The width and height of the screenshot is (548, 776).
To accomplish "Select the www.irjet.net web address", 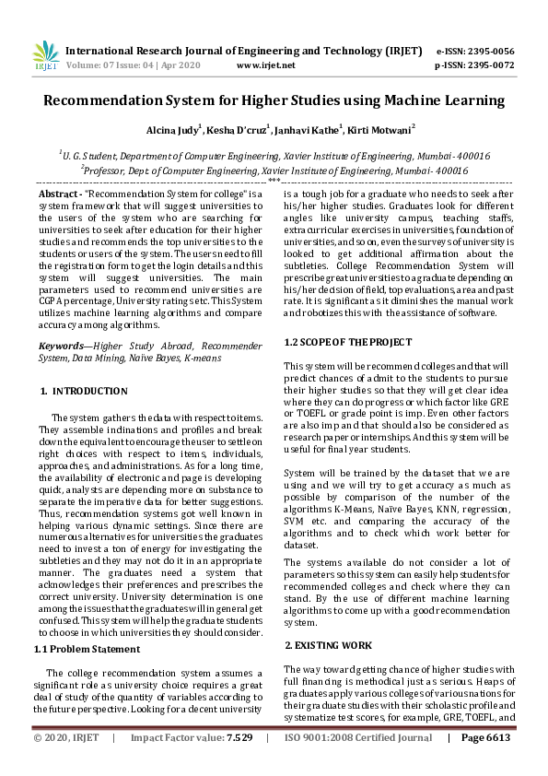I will [265, 65].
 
